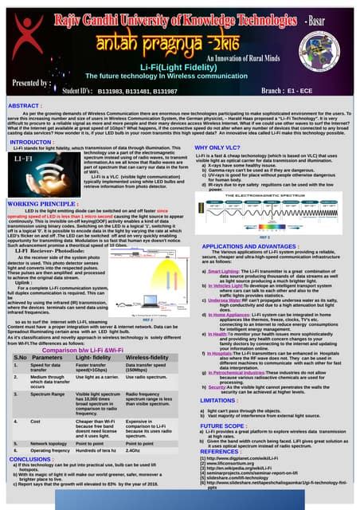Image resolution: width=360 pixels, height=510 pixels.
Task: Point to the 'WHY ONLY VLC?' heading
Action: tap(218, 147)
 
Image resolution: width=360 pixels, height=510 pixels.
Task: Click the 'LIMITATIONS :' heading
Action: tap(223, 400)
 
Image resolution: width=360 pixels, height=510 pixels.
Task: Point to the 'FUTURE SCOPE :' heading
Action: tap(226, 426)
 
